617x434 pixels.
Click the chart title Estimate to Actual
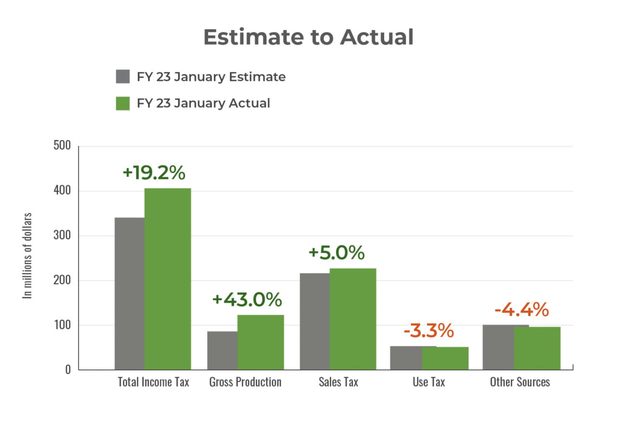308,37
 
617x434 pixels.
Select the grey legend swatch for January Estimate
123,77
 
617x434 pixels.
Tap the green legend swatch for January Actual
123,103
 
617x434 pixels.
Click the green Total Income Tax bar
168,279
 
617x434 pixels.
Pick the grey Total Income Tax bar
129,293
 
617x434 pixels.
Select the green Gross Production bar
260,342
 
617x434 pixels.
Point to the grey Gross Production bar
222,350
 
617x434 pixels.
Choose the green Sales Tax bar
353,319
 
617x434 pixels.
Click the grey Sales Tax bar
314,321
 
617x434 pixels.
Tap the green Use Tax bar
445,358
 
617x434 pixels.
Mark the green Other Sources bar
537,348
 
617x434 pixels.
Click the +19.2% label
154,173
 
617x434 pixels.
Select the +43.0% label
247,300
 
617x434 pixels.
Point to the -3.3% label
429,331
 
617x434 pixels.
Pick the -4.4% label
522,310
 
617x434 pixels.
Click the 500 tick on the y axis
62,146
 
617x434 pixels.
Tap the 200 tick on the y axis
62,280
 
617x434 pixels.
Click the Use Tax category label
429,382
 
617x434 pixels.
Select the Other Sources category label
520,382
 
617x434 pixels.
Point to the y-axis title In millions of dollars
28,256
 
